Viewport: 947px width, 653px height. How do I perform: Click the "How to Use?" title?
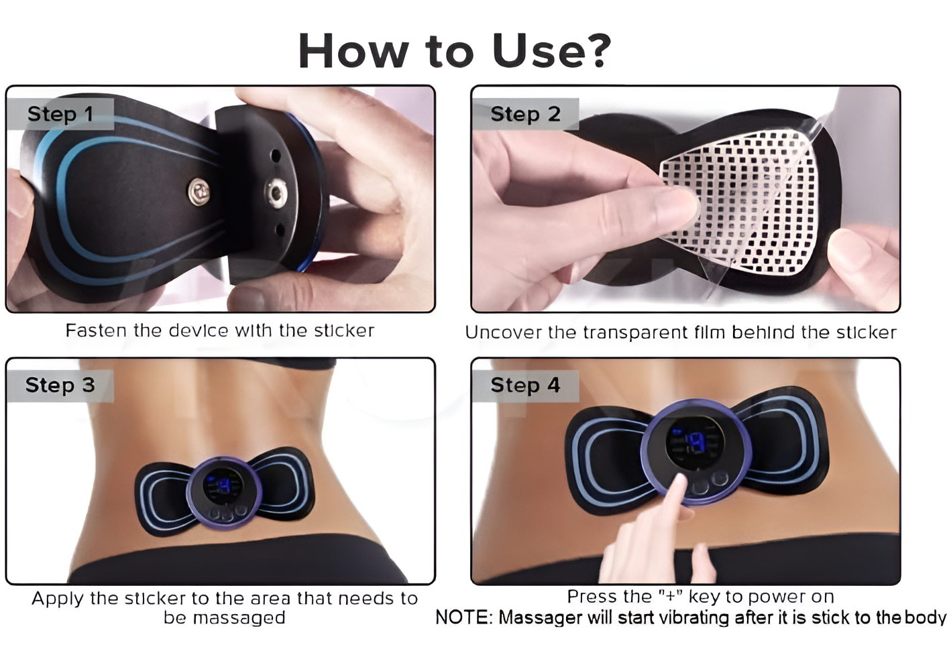(x=454, y=50)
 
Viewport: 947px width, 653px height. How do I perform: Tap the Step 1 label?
(x=60, y=114)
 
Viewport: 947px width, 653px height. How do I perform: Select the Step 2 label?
(x=525, y=114)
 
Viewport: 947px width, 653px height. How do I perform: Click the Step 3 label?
(x=60, y=385)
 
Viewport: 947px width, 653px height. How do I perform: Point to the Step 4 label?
(x=525, y=385)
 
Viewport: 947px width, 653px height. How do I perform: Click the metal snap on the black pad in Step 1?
(x=199, y=192)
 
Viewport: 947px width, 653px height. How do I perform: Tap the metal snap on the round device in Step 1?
(x=275, y=194)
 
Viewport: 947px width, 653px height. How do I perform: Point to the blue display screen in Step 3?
(x=222, y=486)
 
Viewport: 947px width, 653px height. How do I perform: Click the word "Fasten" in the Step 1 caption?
(x=97, y=331)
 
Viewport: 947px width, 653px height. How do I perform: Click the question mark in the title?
(x=594, y=50)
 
